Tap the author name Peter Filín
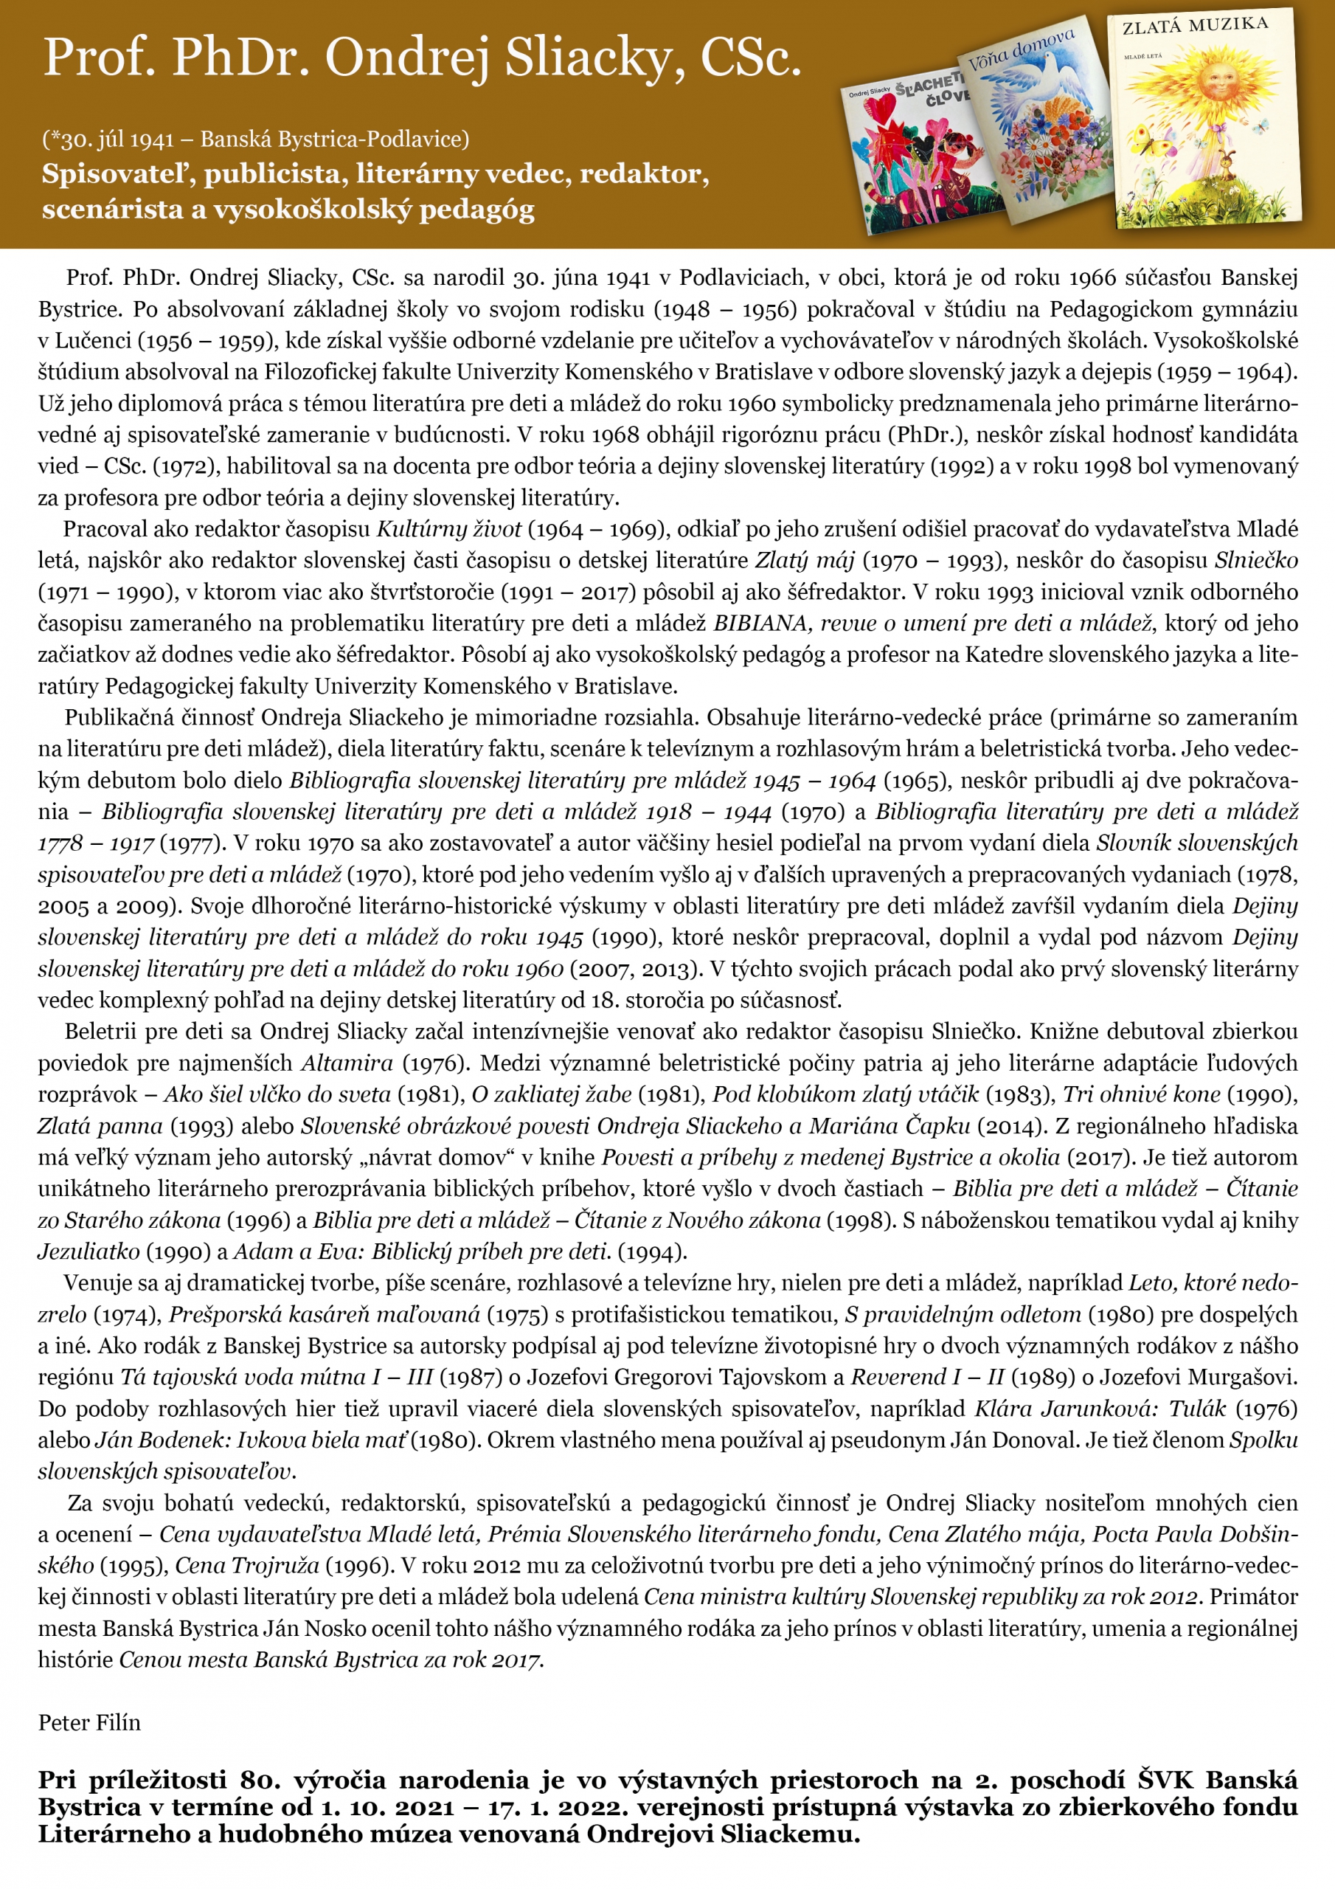tap(89, 1723)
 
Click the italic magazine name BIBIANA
tap(759, 623)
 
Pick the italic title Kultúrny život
tap(449, 529)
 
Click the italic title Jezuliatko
tap(89, 1251)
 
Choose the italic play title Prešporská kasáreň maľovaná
tap(324, 1314)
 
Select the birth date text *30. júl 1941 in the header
tap(112, 139)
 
